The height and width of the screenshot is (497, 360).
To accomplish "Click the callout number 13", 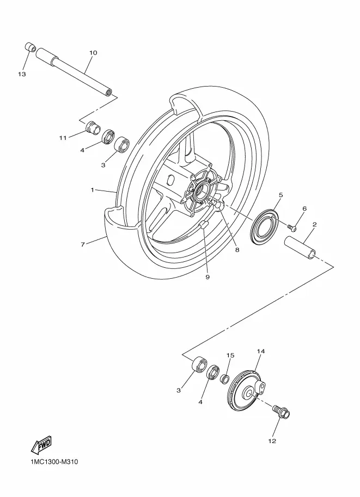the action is [22, 74].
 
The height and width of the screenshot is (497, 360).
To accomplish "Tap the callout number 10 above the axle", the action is [93, 53].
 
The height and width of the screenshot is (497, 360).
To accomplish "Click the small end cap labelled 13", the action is [30, 47].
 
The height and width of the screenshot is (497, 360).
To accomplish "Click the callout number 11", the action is [63, 138].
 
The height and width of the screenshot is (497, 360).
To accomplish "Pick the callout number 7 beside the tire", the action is [83, 244].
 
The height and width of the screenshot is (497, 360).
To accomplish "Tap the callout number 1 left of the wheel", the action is [92, 190].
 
